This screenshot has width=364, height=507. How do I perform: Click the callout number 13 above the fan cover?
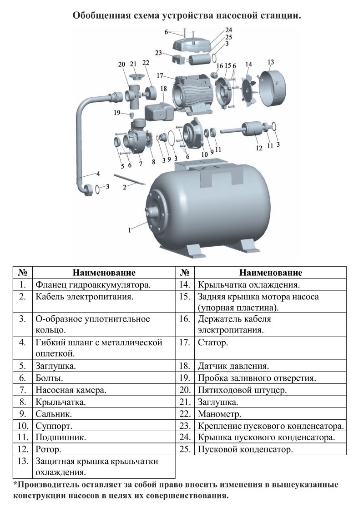(x=271, y=62)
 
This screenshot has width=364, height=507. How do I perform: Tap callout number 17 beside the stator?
(x=160, y=76)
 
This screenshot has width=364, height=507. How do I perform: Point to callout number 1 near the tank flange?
(x=130, y=230)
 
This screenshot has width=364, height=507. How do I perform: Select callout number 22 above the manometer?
(x=146, y=63)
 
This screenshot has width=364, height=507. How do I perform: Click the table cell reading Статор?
(x=213, y=343)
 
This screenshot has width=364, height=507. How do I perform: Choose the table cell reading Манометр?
(x=219, y=414)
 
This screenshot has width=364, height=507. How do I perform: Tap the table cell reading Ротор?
(x=48, y=449)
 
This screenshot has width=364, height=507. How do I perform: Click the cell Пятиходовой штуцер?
(x=242, y=390)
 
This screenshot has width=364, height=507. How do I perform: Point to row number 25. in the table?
(x=185, y=449)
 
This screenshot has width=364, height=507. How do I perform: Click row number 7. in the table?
(x=22, y=390)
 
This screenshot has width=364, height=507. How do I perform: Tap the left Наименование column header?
(x=104, y=273)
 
